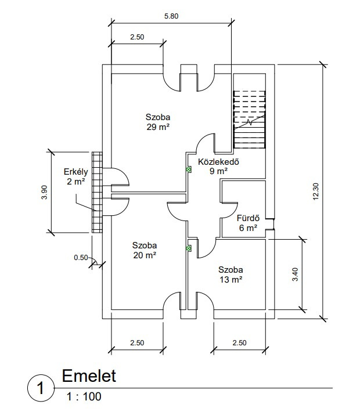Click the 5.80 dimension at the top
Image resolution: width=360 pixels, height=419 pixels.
pyautogui.click(x=171, y=16)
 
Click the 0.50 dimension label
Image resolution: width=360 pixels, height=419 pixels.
pyautogui.click(x=81, y=257)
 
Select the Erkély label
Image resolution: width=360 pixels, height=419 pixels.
pyautogui.click(x=75, y=172)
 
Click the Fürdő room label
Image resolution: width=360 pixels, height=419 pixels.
pyautogui.click(x=247, y=218)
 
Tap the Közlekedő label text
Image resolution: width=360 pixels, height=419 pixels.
pyautogui.click(x=219, y=161)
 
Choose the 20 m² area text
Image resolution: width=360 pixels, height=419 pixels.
pyautogui.click(x=144, y=254)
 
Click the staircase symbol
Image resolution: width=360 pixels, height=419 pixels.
pyautogui.click(x=250, y=120)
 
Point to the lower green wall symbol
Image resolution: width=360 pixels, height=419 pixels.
pyautogui.click(x=189, y=248)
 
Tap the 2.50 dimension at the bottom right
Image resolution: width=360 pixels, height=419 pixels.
pyautogui.click(x=239, y=343)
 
